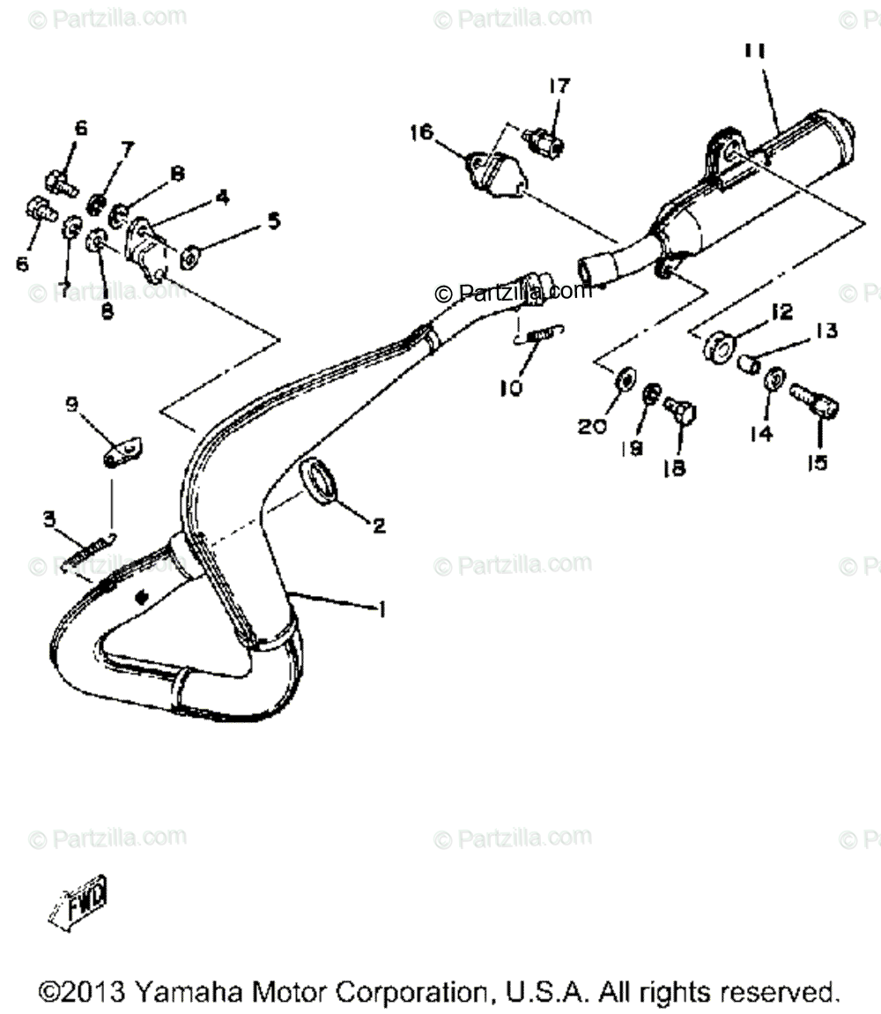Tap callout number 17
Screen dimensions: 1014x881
[x=559, y=86]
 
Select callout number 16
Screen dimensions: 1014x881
[x=421, y=132]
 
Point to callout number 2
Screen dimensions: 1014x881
[x=378, y=526]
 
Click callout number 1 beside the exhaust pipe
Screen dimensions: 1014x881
[x=381, y=608]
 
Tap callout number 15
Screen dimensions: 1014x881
[x=818, y=461]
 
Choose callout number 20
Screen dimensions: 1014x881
[x=592, y=426]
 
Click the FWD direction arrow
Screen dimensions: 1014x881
[x=79, y=901]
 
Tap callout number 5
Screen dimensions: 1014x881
[x=274, y=221]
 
